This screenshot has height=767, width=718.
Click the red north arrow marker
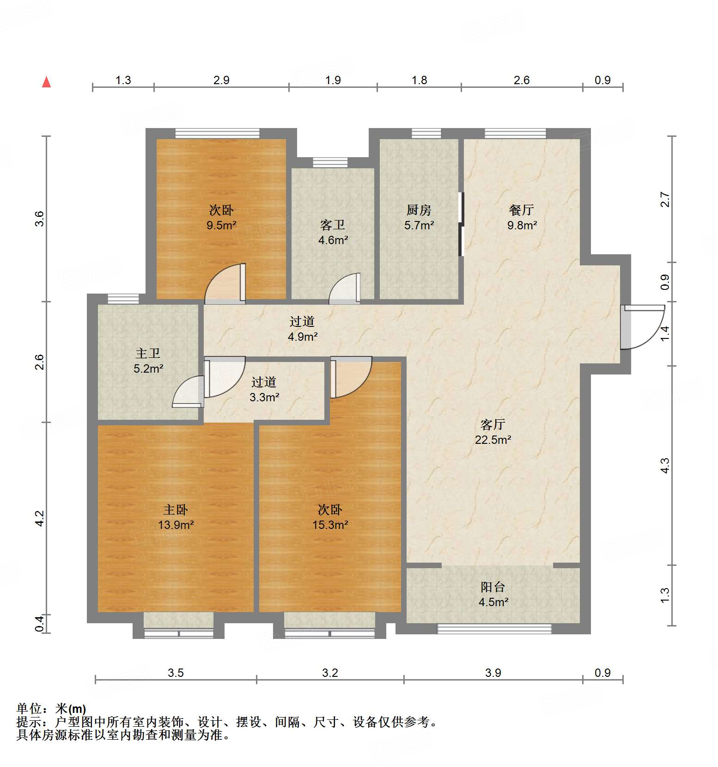pyautogui.click(x=46, y=82)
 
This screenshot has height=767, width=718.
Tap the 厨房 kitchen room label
pyautogui.click(x=419, y=210)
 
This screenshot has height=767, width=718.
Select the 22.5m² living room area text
pyautogui.click(x=493, y=440)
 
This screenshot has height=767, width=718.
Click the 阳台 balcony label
pyautogui.click(x=493, y=587)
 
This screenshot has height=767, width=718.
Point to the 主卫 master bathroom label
pyautogui.click(x=148, y=353)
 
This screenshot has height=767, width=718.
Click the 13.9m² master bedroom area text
pyautogui.click(x=176, y=525)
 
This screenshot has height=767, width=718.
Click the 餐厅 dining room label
pyautogui.click(x=522, y=210)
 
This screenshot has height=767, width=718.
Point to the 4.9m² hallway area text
pyautogui.click(x=302, y=337)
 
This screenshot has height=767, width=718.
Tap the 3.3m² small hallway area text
pyautogui.click(x=264, y=397)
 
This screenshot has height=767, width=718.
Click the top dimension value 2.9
pyautogui.click(x=221, y=80)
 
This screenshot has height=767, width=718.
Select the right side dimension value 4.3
pyautogui.click(x=664, y=465)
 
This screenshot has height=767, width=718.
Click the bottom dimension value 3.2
pyautogui.click(x=330, y=673)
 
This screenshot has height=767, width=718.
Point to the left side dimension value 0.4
pyautogui.click(x=40, y=624)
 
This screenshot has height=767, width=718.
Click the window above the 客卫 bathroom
pyautogui.click(x=330, y=162)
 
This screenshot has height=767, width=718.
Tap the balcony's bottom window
pyautogui.click(x=494, y=629)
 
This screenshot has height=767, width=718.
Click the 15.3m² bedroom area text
pyautogui.click(x=330, y=525)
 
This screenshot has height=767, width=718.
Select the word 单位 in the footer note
pyautogui.click(x=29, y=709)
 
